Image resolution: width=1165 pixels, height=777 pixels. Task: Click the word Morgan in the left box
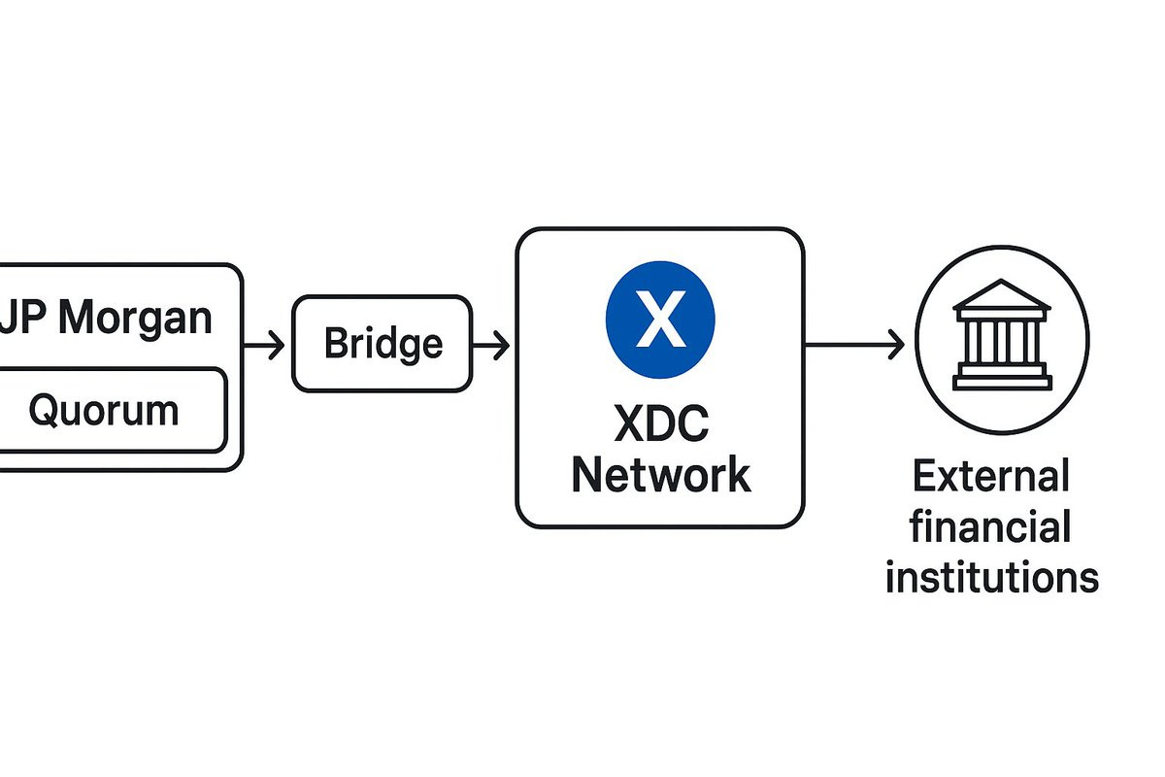[137, 319]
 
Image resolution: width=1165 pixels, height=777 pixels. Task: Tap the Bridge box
[382, 344]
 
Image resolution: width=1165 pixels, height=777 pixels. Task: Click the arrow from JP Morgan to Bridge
[263, 344]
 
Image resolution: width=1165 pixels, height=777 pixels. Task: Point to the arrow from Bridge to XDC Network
[490, 344]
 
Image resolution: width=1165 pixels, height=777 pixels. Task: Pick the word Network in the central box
[660, 476]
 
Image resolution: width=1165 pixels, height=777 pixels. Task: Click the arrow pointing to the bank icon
[854, 344]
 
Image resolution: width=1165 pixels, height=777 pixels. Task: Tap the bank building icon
[1002, 335]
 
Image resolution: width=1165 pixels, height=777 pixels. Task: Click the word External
[990, 478]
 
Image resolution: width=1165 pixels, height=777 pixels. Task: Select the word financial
[991, 528]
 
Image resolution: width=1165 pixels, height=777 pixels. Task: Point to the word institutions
[991, 577]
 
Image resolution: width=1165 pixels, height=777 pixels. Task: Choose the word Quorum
[103, 410]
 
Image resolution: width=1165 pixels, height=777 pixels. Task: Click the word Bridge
[383, 344]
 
